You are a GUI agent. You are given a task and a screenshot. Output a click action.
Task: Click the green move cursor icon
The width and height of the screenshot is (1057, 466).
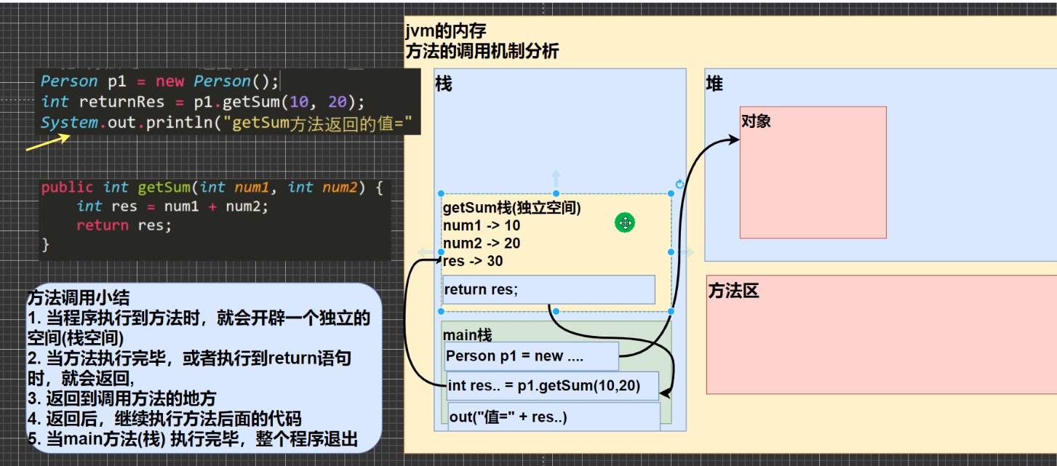[625, 223]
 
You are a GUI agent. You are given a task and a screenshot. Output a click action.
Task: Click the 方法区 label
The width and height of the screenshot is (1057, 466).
[734, 292]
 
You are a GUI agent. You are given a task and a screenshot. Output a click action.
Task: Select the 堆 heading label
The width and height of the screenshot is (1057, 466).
[714, 84]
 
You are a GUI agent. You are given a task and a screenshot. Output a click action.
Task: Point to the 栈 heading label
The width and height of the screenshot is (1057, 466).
[443, 84]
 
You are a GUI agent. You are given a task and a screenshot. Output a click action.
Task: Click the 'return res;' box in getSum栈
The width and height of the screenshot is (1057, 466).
[549, 289]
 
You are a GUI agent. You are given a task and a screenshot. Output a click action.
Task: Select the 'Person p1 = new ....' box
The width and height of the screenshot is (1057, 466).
[531, 356]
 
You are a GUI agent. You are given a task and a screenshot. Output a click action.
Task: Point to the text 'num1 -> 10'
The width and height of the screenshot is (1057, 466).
[482, 226]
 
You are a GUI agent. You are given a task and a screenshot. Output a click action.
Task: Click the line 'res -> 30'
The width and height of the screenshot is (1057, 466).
[473, 261]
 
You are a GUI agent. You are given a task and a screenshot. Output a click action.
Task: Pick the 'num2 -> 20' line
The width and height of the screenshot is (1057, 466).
[482, 244]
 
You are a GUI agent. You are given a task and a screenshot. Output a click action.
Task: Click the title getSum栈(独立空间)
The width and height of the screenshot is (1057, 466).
[511, 209]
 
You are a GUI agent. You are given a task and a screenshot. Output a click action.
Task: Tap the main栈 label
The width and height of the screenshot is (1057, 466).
[467, 335]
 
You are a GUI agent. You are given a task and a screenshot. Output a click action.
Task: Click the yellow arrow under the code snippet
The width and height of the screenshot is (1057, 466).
[47, 142]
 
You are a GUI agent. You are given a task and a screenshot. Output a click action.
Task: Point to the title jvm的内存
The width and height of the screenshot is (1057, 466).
[446, 31]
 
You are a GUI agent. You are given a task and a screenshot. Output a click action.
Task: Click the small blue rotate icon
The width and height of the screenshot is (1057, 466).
[680, 184]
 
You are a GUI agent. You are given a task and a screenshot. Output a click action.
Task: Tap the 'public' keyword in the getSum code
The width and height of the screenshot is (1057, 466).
[68, 188]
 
